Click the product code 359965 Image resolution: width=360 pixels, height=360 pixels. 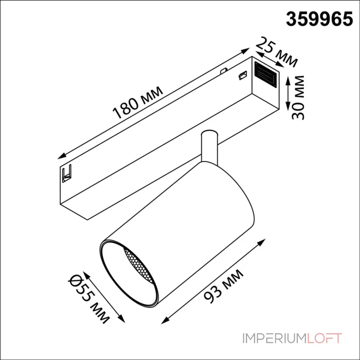pos(319,19)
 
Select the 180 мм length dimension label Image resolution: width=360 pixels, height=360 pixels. pos(138,102)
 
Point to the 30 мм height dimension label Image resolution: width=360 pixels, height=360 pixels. pos(298,97)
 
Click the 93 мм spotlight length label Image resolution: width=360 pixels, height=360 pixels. pos(223,286)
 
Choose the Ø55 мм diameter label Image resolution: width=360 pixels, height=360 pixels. pos(89,299)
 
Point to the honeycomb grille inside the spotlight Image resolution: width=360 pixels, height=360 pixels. pos(139,266)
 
